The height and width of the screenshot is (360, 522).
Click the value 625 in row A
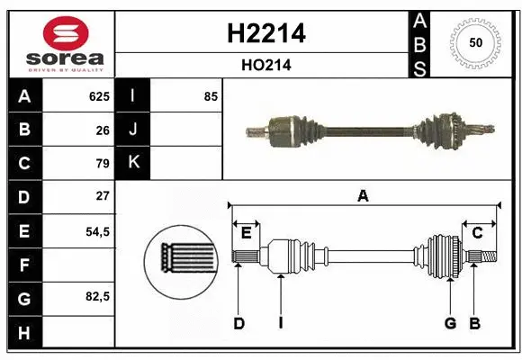[99, 96]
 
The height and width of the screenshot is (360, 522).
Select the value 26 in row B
[103, 130]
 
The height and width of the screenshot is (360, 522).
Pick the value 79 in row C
[103, 163]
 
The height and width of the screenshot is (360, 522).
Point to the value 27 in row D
[103, 196]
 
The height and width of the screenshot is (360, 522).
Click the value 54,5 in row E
[97, 230]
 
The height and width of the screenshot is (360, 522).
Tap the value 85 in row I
[211, 96]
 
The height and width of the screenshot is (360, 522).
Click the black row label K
[132, 163]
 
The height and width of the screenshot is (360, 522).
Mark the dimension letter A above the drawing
[363, 195]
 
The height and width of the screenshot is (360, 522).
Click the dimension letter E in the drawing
[246, 233]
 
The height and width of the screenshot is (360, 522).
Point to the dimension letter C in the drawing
[477, 233]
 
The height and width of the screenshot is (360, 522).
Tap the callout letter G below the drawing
[450, 323]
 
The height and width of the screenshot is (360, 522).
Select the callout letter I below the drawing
[280, 323]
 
